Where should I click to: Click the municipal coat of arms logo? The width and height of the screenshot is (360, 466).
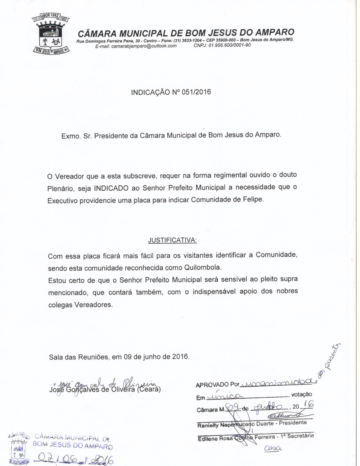click(51, 33)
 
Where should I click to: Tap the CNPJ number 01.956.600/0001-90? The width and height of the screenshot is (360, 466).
click(229, 45)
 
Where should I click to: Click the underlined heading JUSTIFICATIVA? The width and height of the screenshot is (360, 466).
click(172, 241)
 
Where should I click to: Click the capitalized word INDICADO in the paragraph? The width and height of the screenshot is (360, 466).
click(111, 188)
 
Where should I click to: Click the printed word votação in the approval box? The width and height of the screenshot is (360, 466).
click(302, 395)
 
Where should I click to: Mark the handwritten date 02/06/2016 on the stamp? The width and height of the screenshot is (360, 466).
click(76, 459)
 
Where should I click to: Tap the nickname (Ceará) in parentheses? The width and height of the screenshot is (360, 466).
click(149, 389)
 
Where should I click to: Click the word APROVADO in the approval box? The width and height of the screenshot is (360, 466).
click(212, 385)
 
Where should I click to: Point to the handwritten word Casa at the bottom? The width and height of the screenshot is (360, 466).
click(273, 448)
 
